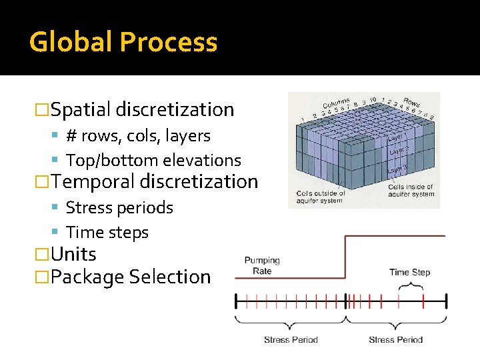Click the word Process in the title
(169, 42)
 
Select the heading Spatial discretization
(141, 109)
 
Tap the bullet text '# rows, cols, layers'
(138, 136)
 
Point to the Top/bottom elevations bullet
(153, 161)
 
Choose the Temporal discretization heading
(153, 181)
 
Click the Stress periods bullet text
(119, 208)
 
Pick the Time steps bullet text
(107, 233)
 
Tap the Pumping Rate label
(262, 265)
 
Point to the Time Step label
(409, 272)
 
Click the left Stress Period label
(291, 339)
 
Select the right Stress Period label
(395, 339)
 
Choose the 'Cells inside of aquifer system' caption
(411, 191)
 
